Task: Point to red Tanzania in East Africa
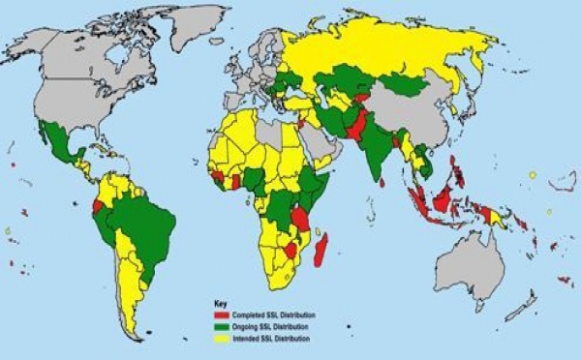[x=302, y=217]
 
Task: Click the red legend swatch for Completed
[x=221, y=315]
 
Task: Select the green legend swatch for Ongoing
[x=221, y=325]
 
